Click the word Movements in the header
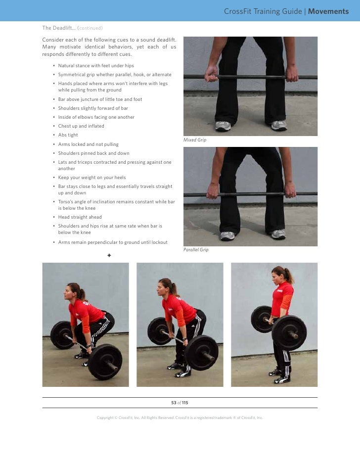[x=328, y=11]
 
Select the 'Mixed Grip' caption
[x=195, y=140]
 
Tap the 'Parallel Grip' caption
[x=196, y=250]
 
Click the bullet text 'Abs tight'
[x=68, y=135]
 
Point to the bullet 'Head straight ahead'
[x=80, y=217]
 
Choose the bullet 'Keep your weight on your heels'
[x=91, y=178]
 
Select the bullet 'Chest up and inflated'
[x=81, y=126]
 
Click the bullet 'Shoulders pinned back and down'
[x=93, y=153]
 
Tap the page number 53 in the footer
[x=174, y=403]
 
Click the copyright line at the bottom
[x=180, y=418]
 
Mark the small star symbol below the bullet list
[x=109, y=255]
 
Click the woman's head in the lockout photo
[x=278, y=274]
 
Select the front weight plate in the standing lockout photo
[x=289, y=333]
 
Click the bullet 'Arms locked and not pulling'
[x=88, y=144]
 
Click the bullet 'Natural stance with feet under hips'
[x=95, y=66]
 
